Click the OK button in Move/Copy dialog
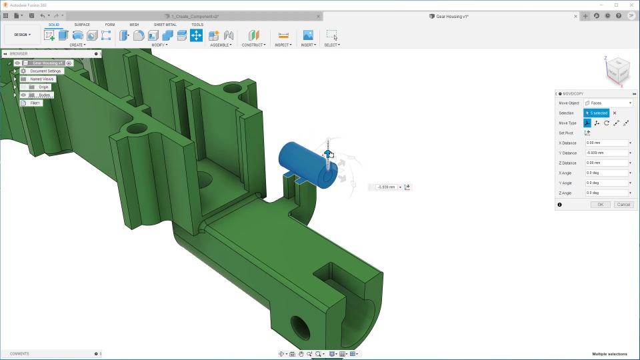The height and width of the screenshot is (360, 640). pos(600,205)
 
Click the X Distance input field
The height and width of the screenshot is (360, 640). pos(605,143)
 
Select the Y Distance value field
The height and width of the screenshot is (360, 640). pos(605,153)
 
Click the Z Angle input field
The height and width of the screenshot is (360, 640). pos(605,193)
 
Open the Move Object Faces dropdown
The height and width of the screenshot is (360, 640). pos(608,103)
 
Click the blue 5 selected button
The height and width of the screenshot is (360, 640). pos(597,113)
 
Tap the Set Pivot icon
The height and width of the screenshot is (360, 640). pos(587,133)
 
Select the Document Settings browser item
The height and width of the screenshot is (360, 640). pos(45,71)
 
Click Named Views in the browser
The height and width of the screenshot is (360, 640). pos(41,79)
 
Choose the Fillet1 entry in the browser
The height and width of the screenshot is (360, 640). pos(35,103)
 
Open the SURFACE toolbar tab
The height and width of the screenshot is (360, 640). pos(82,25)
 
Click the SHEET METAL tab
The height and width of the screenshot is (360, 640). pos(165,25)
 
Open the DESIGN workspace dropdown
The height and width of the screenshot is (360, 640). pos(23,35)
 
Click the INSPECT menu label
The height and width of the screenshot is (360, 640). pos(283,45)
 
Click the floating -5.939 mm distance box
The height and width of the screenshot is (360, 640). pos(387,187)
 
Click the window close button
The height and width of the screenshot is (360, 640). pos(631,5)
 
